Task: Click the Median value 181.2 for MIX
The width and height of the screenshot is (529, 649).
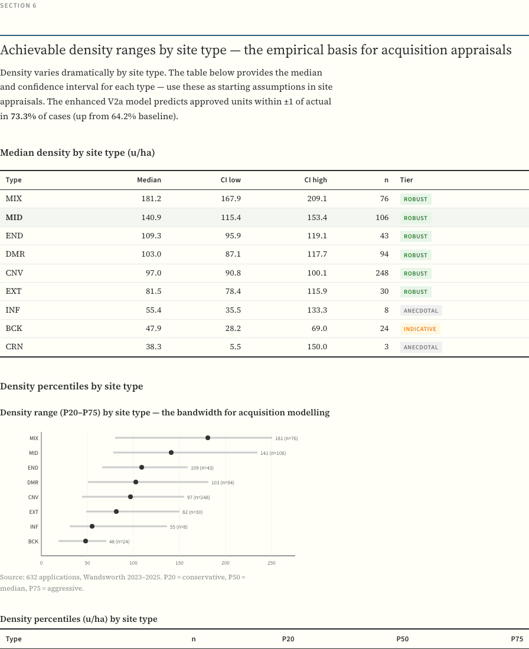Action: pyautogui.click(x=151, y=199)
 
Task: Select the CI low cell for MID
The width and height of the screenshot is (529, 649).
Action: pyautogui.click(x=231, y=218)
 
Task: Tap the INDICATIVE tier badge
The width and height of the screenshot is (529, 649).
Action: pyautogui.click(x=420, y=329)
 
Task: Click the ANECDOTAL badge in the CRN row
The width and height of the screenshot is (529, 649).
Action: pyautogui.click(x=421, y=348)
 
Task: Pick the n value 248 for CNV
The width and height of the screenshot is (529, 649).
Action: pyautogui.click(x=382, y=273)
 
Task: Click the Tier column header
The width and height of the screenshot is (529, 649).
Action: pyautogui.click(x=407, y=180)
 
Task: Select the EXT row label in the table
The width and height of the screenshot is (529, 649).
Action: pyautogui.click(x=14, y=291)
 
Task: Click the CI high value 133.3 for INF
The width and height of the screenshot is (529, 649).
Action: pyautogui.click(x=317, y=310)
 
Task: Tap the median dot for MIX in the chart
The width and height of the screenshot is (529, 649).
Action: pyautogui.click(x=208, y=438)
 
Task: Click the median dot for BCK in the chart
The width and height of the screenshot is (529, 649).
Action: pyautogui.click(x=86, y=541)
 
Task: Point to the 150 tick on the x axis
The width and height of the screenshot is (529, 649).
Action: pyautogui.click(x=179, y=563)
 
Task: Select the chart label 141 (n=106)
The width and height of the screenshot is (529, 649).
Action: pyautogui.click(x=273, y=453)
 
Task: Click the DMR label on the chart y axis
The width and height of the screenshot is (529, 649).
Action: pyautogui.click(x=33, y=483)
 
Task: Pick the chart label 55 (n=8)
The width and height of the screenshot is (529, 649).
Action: pyautogui.click(x=179, y=527)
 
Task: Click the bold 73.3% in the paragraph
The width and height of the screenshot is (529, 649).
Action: pyautogui.click(x=23, y=116)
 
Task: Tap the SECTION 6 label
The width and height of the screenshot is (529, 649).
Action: pyautogui.click(x=18, y=5)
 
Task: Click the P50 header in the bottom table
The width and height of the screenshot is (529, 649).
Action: pyautogui.click(x=402, y=639)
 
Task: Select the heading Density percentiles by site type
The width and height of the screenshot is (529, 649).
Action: pyautogui.click(x=71, y=386)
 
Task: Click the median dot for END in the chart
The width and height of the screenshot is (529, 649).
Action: pyautogui.click(x=142, y=467)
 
